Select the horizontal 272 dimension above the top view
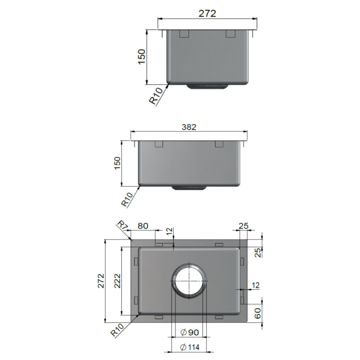coord(207,13)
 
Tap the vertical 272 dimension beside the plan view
coord(101,281)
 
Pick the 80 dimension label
coord(143,226)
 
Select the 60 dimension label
coord(258,313)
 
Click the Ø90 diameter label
coord(189,332)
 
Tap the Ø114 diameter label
coord(189,347)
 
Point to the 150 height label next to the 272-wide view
coord(142,57)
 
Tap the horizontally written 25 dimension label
coord(243,226)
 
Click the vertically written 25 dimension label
coord(258,253)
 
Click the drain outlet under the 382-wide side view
coord(189,188)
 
